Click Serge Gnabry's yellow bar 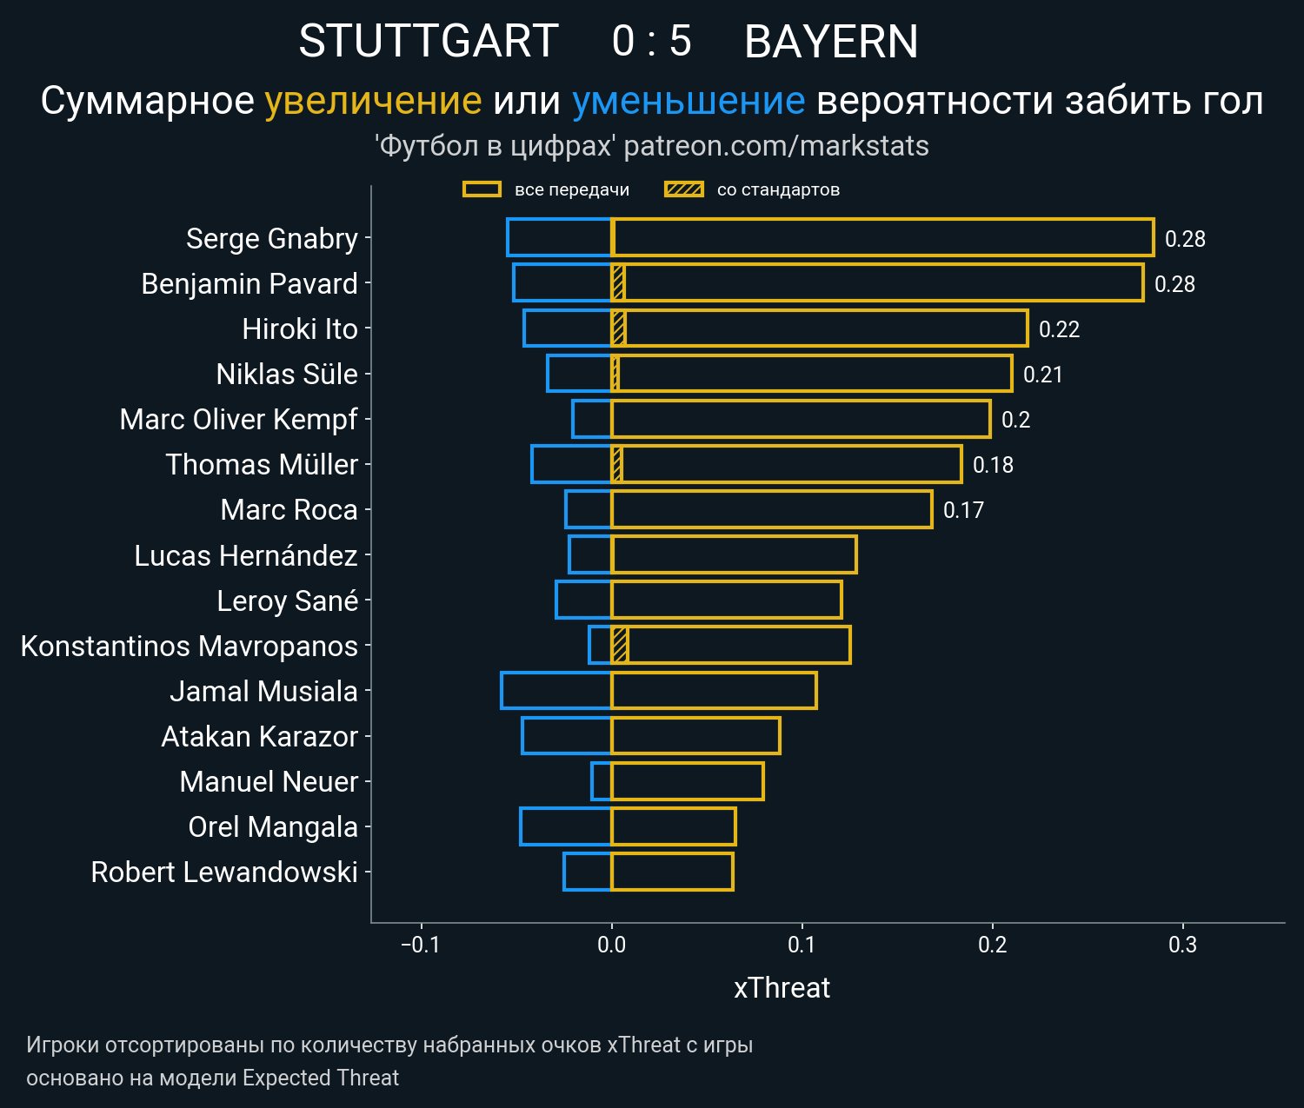(882, 238)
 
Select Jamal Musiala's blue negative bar (556, 691)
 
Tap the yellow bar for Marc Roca (772, 509)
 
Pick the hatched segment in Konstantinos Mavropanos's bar (620, 646)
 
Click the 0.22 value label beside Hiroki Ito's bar (1059, 329)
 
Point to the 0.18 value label (993, 465)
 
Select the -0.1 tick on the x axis (421, 945)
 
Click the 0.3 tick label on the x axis (1182, 945)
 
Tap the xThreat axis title (782, 988)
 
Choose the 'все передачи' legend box (482, 189)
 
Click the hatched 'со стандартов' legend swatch (683, 189)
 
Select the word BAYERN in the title (831, 42)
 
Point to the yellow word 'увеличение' (373, 102)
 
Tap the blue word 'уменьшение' (689, 102)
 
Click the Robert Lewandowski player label (224, 872)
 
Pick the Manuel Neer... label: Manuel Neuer (269, 782)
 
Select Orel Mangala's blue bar (566, 826)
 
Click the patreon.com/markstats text (776, 146)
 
